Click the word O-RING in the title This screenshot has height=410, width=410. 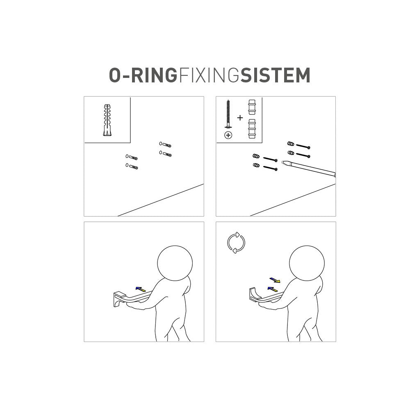[x=143, y=75]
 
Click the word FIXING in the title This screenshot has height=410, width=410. [x=209, y=75]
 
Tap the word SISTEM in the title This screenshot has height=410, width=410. [x=276, y=75]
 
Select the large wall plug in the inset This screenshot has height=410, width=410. [x=107, y=120]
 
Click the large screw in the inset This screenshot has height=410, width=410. [x=228, y=114]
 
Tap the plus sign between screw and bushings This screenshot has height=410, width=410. [x=240, y=118]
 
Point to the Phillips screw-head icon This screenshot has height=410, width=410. [x=228, y=135]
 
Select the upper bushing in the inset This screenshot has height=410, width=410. [x=252, y=107]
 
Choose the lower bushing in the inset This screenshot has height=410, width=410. [x=252, y=129]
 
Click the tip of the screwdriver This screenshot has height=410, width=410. [x=282, y=162]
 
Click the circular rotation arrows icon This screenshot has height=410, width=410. [x=236, y=243]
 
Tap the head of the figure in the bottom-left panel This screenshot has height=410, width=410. [x=175, y=263]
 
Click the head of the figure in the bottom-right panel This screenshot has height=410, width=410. [x=307, y=263]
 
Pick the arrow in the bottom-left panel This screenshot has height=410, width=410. [x=141, y=289]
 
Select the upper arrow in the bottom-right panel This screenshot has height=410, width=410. [x=275, y=280]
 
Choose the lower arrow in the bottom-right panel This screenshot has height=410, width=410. [x=273, y=289]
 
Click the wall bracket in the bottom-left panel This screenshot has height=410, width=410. [x=120, y=299]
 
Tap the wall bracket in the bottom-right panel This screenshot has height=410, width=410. [x=255, y=294]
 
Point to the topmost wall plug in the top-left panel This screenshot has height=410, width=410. [x=165, y=144]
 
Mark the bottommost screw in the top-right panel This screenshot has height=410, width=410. [x=270, y=168]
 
